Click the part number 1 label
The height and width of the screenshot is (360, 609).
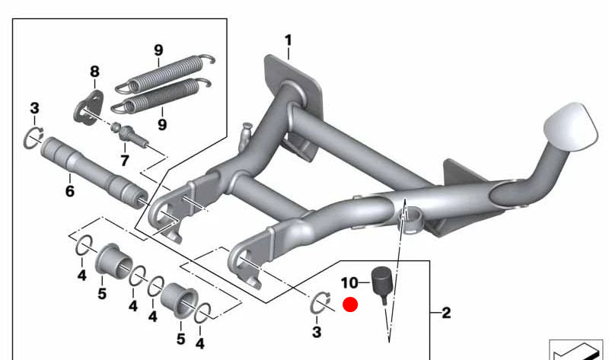point(289,39)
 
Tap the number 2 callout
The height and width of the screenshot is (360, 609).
point(446,312)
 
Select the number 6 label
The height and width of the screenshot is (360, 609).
point(69,191)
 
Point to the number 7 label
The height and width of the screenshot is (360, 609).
point(125,161)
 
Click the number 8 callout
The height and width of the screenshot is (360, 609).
point(94,72)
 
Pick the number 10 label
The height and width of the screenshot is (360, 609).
point(349,283)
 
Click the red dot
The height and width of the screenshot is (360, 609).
point(350,305)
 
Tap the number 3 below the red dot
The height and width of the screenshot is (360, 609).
point(317,333)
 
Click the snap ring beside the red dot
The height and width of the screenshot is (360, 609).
point(321,304)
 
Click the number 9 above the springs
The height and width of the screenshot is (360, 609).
point(158,50)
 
